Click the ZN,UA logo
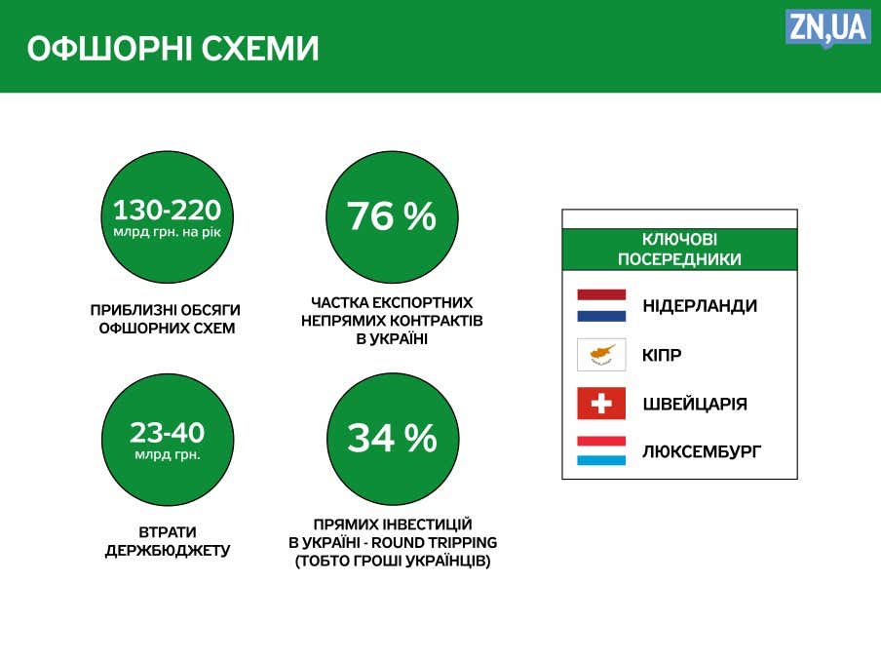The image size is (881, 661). click(828, 28)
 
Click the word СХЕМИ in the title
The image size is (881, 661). click(260, 49)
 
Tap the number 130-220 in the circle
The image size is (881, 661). click(167, 211)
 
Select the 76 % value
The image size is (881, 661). click(392, 216)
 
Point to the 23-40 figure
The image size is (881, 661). click(167, 433)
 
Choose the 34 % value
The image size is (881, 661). click(392, 439)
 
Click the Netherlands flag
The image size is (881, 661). click(601, 305)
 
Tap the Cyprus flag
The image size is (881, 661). click(601, 355)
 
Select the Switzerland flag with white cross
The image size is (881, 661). click(601, 403)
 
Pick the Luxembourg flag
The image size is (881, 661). click(601, 450)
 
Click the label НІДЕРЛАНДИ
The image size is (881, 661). click(700, 306)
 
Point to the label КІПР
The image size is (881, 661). click(662, 355)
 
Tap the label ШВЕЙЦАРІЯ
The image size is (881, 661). click(695, 404)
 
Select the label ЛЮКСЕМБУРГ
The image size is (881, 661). click(702, 451)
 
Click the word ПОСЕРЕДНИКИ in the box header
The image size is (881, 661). click(680, 259)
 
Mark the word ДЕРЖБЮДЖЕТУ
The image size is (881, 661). click(168, 550)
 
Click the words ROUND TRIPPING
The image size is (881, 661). click(435, 542)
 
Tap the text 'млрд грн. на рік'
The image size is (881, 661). click(167, 232)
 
